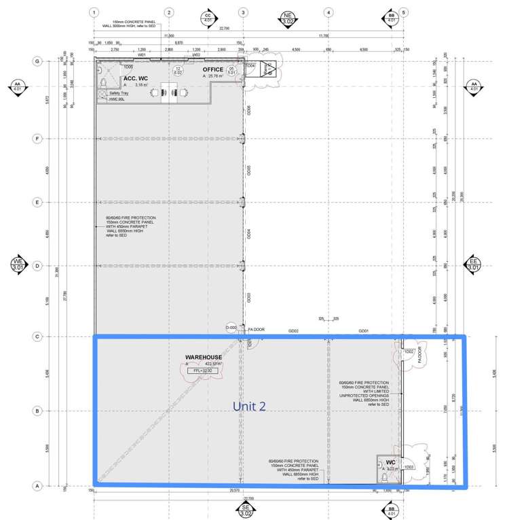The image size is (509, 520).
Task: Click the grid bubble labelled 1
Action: tap(94, 12)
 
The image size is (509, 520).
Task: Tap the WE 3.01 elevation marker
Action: tap(18, 264)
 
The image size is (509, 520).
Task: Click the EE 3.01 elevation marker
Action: tap(474, 264)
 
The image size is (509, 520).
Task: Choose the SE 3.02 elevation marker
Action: tap(246, 510)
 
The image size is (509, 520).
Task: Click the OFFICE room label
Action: tap(212, 69)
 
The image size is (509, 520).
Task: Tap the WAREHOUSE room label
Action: tap(204, 357)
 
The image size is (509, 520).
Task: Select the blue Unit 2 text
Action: tap(249, 406)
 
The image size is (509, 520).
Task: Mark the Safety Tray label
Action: tap(119, 93)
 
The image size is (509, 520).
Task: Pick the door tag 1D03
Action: tap(409, 466)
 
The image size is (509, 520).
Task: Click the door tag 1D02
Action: tap(409, 351)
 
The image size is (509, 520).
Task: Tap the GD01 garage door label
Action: tap(363, 331)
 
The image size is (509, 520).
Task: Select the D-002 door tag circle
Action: tap(231, 328)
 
